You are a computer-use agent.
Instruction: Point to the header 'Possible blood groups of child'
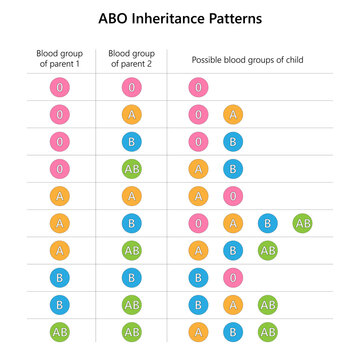point(249,59)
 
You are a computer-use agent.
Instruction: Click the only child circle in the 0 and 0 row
point(198,88)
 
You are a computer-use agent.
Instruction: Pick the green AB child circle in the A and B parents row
point(302,222)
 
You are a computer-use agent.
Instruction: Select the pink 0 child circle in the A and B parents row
point(198,222)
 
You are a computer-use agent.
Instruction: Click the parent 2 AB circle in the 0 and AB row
point(131,169)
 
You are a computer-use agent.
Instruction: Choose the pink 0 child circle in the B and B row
point(232,276)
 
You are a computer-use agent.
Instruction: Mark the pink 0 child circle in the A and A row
point(232,195)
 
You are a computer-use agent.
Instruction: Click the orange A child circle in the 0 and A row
point(232,115)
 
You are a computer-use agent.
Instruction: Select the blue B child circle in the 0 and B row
point(232,142)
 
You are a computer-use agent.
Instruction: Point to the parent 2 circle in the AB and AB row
point(131,330)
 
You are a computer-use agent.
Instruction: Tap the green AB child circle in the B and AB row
point(267,303)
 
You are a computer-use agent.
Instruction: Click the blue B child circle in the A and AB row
point(232,249)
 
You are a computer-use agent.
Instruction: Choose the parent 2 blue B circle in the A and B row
point(131,222)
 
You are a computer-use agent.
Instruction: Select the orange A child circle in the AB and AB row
point(198,330)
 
